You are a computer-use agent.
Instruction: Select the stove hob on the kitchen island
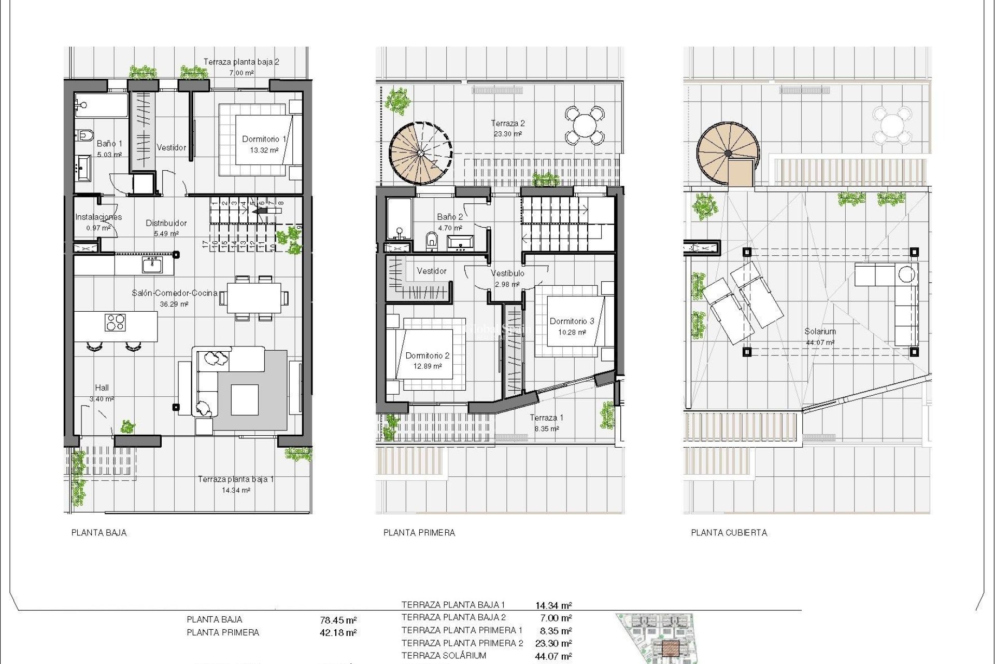click(x=115, y=322)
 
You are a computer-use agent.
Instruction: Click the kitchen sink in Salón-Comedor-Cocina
click(x=152, y=265)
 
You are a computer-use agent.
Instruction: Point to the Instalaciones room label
click(x=98, y=217)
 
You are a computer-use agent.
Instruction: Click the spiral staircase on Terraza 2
click(x=420, y=154)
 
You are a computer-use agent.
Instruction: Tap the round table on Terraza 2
click(x=585, y=125)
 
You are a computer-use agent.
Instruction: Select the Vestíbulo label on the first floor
click(x=507, y=273)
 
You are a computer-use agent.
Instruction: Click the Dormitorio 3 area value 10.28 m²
click(x=572, y=333)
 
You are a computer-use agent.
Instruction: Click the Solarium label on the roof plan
click(x=820, y=331)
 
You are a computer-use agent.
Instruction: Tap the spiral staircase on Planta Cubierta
click(x=728, y=154)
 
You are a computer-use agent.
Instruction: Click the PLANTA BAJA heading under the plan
click(x=99, y=533)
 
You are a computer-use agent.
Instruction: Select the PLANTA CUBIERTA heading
click(x=729, y=533)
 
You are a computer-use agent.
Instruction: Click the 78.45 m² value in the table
click(x=338, y=620)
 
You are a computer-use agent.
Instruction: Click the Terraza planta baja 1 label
click(x=236, y=479)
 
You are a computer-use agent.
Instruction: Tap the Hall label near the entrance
click(x=102, y=388)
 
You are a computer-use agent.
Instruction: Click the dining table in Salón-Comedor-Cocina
click(x=254, y=298)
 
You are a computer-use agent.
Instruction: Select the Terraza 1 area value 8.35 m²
click(x=547, y=429)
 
